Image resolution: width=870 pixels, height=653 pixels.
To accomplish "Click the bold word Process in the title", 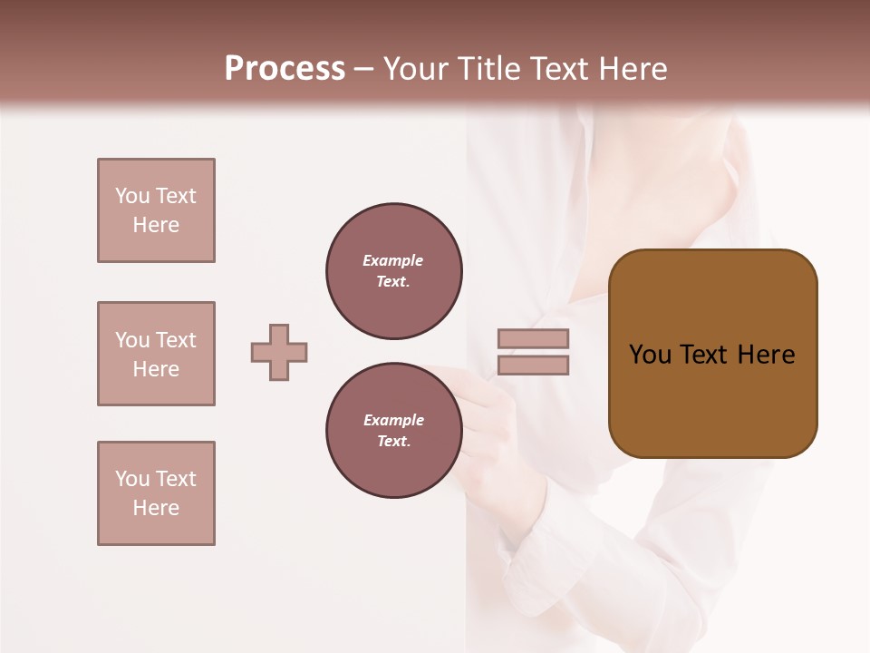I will pyautogui.click(x=285, y=69).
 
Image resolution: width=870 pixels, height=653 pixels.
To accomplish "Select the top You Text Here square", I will pyautogui.click(x=156, y=210).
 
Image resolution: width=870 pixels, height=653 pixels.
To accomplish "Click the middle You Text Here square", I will pyautogui.click(x=156, y=354).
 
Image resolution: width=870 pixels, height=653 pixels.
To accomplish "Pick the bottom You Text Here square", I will pyautogui.click(x=156, y=493).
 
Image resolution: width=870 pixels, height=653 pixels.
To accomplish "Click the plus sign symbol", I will pyautogui.click(x=279, y=352).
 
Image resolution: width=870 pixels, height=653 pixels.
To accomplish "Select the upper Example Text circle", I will pyautogui.click(x=394, y=271).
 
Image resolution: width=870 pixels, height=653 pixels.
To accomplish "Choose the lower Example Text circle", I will pyautogui.click(x=394, y=431).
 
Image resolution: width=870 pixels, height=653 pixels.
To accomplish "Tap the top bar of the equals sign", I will pyautogui.click(x=533, y=338).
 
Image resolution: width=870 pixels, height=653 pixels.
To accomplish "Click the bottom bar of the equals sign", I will pyautogui.click(x=533, y=365).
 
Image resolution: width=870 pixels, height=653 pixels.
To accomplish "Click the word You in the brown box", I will pyautogui.click(x=651, y=355).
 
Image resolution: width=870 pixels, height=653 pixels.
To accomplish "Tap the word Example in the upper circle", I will pyautogui.click(x=392, y=260).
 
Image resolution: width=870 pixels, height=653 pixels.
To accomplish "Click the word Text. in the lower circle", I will pyautogui.click(x=393, y=442).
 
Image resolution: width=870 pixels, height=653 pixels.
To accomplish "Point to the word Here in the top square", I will pyautogui.click(x=156, y=225).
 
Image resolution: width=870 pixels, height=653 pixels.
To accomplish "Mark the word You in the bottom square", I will pyautogui.click(x=132, y=479).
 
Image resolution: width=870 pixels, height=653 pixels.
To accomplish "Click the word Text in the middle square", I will pyautogui.click(x=175, y=340).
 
